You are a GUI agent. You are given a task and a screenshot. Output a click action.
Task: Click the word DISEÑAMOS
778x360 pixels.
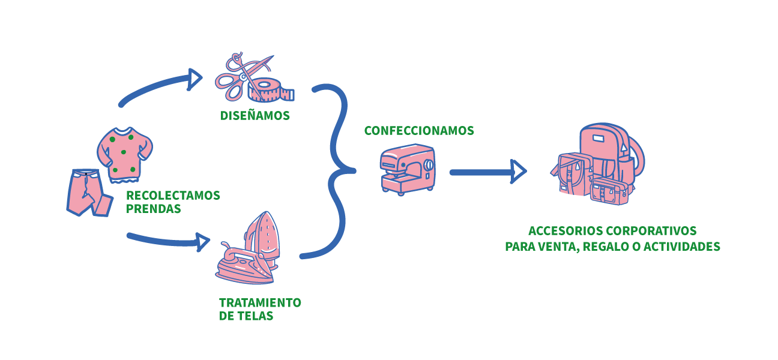click(x=255, y=116)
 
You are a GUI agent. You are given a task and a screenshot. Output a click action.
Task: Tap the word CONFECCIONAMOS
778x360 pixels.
click(x=419, y=131)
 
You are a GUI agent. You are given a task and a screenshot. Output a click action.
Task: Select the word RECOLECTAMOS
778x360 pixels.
click(x=173, y=196)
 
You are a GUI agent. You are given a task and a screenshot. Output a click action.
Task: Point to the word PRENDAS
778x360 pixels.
click(x=153, y=209)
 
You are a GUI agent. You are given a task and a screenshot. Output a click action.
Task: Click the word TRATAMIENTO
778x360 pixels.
click(x=260, y=302)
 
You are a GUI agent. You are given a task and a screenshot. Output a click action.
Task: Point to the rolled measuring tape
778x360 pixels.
click(x=273, y=89)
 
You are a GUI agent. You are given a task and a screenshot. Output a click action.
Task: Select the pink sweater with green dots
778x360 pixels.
click(x=124, y=155)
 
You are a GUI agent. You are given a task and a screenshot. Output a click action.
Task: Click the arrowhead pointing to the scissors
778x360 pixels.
click(x=195, y=79)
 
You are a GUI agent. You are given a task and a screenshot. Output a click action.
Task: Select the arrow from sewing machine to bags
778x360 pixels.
click(x=486, y=172)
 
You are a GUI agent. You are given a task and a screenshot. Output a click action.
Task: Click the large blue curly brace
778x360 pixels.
click(x=336, y=171)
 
